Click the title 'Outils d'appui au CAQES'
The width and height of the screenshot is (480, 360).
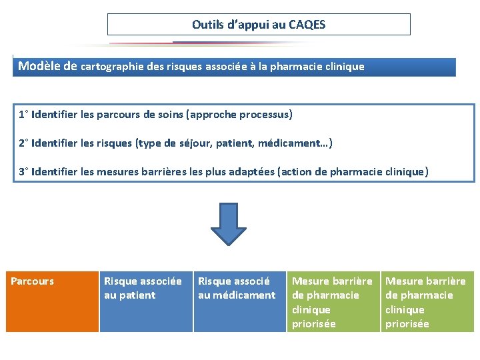(x=259, y=25)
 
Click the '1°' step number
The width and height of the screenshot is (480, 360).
(x=23, y=115)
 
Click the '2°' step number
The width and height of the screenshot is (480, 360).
(x=23, y=143)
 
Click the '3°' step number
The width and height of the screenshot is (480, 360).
(x=23, y=172)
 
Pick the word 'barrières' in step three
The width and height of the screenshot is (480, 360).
(x=158, y=172)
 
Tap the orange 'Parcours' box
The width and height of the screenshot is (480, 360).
(x=53, y=301)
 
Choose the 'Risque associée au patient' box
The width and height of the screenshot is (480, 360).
(x=146, y=301)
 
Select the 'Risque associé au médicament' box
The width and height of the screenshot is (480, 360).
(x=239, y=301)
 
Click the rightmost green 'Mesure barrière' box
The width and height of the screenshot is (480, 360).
(x=427, y=301)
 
